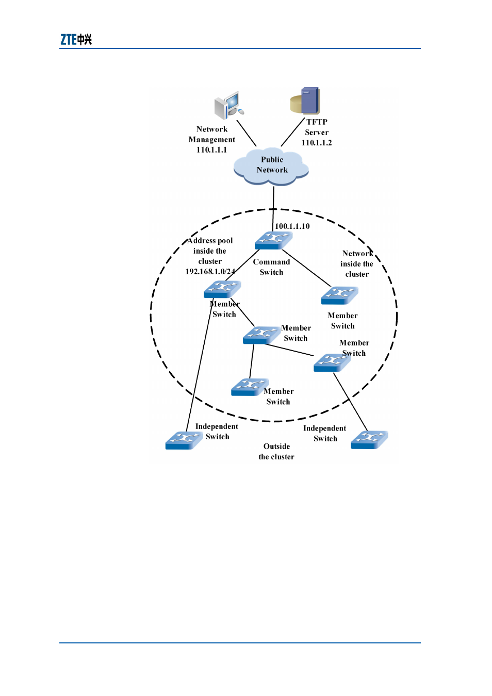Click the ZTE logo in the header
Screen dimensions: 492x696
click(76, 40)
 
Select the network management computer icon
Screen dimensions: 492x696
click(229, 105)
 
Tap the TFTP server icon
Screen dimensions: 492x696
click(305, 101)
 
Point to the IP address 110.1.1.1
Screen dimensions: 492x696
click(211, 150)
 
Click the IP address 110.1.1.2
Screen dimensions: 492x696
click(317, 143)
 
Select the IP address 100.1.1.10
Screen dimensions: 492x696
click(292, 226)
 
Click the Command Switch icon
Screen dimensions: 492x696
click(273, 240)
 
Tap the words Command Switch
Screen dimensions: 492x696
click(271, 267)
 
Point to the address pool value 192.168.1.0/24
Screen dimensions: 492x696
click(210, 272)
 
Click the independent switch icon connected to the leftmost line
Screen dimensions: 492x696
click(184, 440)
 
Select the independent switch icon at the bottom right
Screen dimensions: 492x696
click(370, 440)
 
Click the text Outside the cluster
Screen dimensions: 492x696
click(276, 452)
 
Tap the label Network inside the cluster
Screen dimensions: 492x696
click(357, 264)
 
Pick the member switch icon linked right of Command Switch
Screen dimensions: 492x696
click(340, 295)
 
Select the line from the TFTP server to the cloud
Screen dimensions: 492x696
click(293, 132)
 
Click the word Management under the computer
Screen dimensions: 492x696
click(211, 140)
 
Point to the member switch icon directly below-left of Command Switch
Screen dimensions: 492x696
click(222, 289)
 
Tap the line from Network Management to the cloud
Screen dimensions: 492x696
click(247, 134)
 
